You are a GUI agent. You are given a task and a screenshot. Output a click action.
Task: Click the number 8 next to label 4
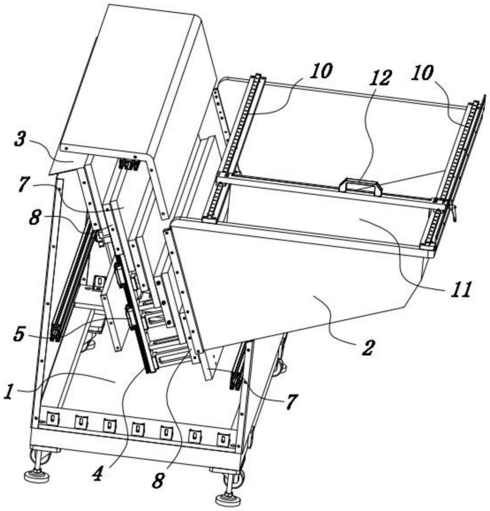point(158,480)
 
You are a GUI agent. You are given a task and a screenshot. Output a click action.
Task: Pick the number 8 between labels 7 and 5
point(35,218)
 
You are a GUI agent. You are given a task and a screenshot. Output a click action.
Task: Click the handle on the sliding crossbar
point(360,186)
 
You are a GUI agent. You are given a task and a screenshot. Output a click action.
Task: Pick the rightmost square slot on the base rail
point(223,438)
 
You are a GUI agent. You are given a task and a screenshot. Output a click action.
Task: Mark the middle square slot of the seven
point(138,429)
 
